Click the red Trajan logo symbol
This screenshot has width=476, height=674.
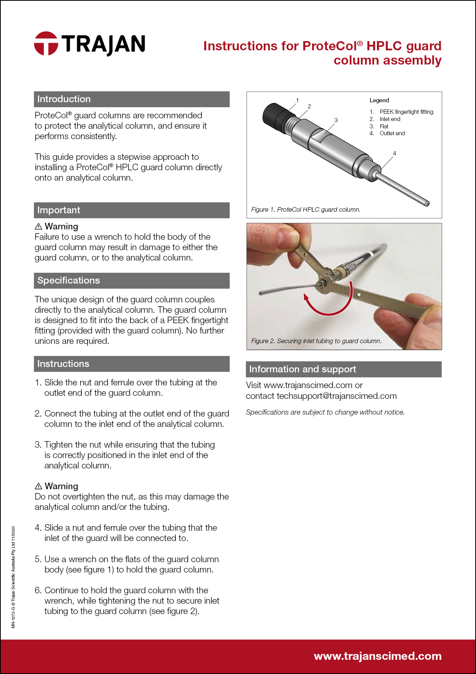[46, 43]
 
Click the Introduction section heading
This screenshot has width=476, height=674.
[64, 99]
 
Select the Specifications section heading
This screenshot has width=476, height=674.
[68, 281]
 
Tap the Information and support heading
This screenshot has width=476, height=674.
[302, 369]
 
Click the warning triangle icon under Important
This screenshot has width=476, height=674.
[38, 226]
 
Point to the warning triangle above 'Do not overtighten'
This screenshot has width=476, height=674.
[38, 486]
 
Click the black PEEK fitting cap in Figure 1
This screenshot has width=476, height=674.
[274, 115]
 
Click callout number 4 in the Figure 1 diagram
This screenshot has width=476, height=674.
[394, 153]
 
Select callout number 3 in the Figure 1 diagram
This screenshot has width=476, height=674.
[336, 120]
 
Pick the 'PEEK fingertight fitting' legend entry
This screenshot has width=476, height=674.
[406, 112]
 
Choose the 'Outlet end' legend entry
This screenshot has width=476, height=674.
[392, 133]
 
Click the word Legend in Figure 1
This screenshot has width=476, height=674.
[379, 100]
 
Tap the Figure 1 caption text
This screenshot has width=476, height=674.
[306, 209]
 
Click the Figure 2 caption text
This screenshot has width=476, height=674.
[316, 341]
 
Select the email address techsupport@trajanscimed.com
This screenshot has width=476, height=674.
[337, 396]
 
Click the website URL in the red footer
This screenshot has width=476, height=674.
[378, 656]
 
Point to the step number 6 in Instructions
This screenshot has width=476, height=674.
[38, 590]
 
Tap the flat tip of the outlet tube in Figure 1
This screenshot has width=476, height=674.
[427, 204]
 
